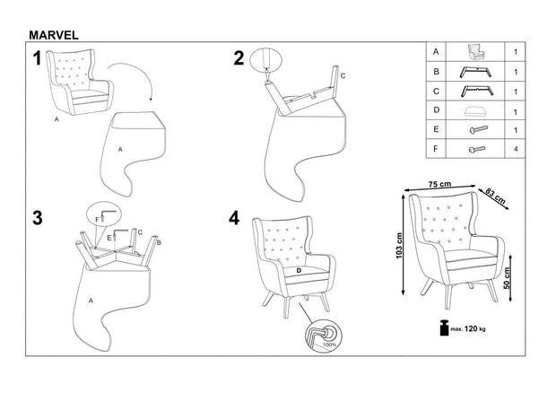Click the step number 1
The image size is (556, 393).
(x=38, y=60)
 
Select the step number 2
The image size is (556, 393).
(x=239, y=58)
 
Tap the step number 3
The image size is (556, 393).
(x=38, y=219)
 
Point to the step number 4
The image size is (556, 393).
(x=235, y=219)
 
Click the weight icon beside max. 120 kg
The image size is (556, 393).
(x=442, y=329)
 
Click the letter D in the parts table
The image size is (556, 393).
(x=436, y=110)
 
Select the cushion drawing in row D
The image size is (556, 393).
(x=477, y=110)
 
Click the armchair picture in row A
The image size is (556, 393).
(x=476, y=52)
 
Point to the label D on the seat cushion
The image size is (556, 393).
(x=298, y=270)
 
